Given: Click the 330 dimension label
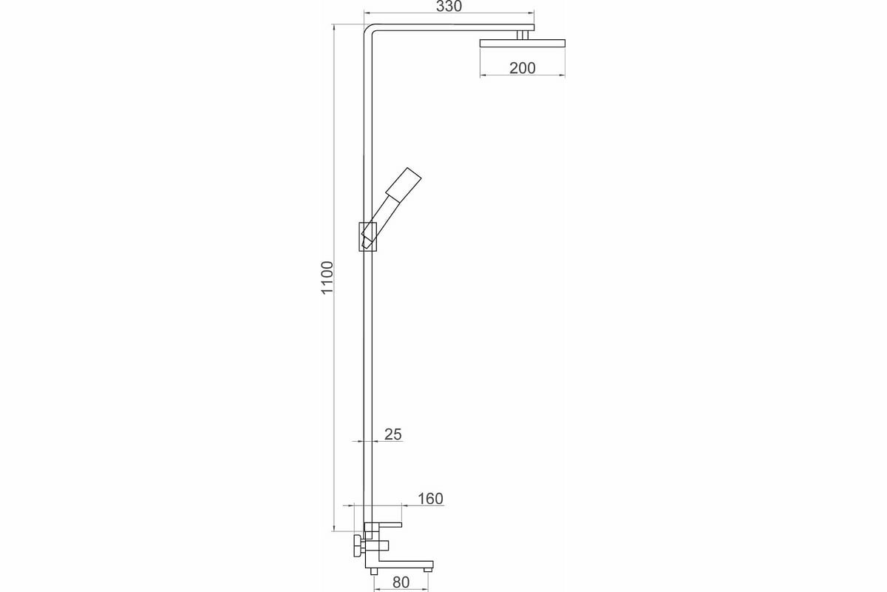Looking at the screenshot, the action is coord(449,7).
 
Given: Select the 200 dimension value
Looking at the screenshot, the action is coord(523,68).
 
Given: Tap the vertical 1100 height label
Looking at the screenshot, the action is coord(328,278).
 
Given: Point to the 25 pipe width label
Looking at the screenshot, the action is coord(392,434).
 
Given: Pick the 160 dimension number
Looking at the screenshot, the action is coord(429,499).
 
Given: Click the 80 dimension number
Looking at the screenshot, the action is coord(401,582).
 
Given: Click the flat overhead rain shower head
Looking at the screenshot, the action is coord(523,44).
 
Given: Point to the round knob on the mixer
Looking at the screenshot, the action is coord(358,548).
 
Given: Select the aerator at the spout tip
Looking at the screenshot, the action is coord(426,570).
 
